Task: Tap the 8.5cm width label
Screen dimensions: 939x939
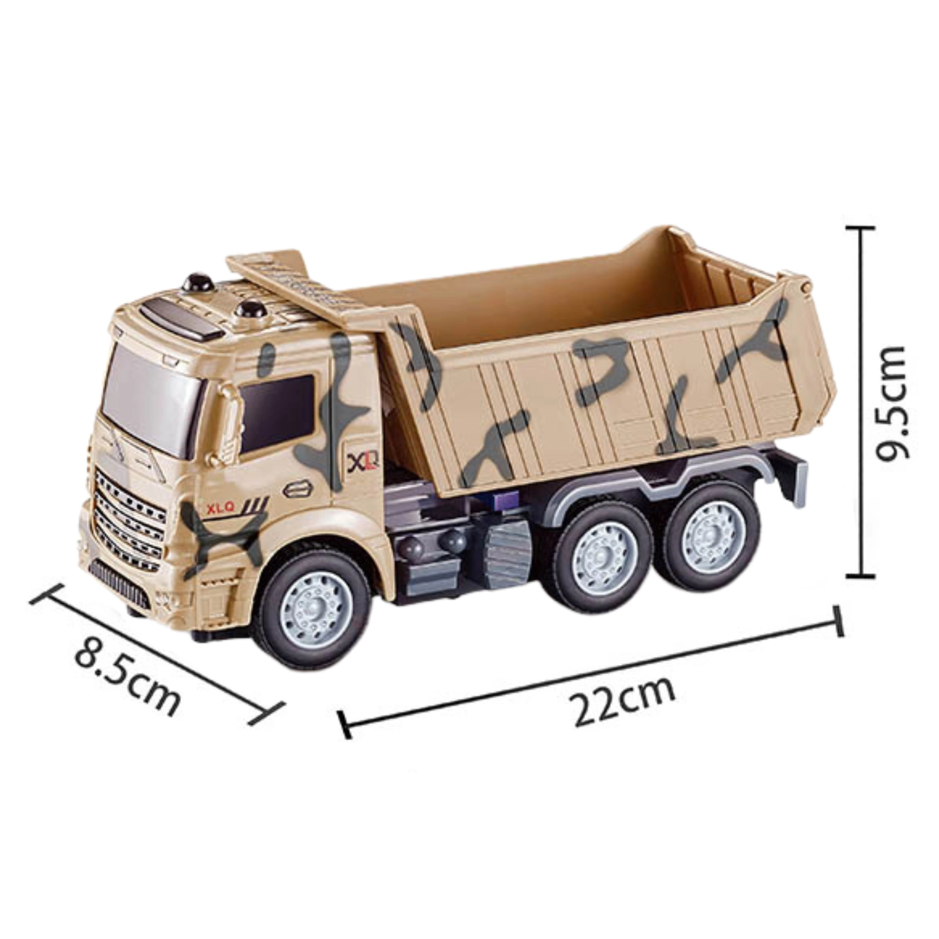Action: (x=127, y=679)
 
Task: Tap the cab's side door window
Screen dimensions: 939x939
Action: (x=278, y=414)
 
